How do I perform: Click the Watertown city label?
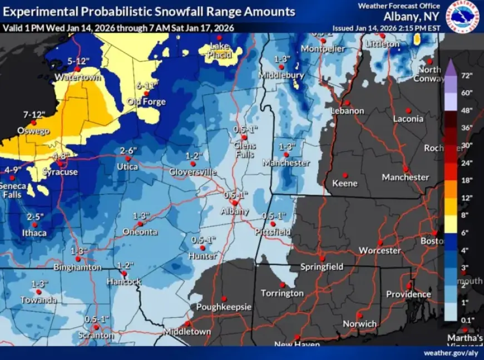pos(77,77)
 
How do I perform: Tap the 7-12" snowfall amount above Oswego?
pos(33,114)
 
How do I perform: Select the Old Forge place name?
pos(146,102)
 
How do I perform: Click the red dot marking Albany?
pos(235,203)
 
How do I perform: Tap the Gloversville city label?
pos(192,172)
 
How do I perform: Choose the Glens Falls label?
pos(245,149)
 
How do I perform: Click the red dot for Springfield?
pos(322,258)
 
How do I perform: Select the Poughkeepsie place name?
pos(224,307)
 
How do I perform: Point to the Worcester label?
pos(379,250)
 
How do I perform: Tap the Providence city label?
pos(408,294)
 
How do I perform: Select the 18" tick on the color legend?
pos(466,180)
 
